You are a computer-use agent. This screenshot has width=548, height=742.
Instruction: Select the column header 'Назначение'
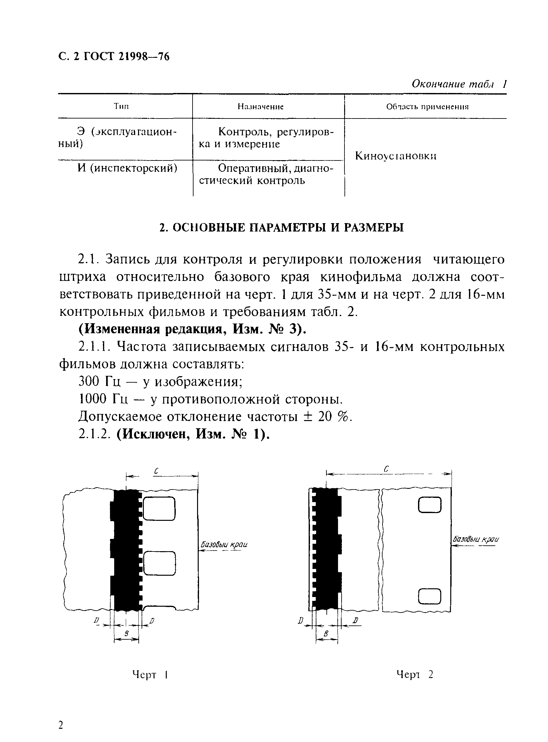click(x=260, y=107)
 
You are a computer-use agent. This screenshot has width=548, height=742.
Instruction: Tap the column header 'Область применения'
click(x=427, y=107)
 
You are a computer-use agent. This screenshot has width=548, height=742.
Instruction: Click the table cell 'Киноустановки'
click(x=395, y=156)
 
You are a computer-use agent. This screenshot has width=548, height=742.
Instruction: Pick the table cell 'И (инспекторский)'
click(x=127, y=168)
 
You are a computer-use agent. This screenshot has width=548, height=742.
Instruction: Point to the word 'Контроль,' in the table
click(x=245, y=132)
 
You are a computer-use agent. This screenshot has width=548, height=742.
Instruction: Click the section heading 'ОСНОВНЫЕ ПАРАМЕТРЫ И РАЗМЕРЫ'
click(x=282, y=227)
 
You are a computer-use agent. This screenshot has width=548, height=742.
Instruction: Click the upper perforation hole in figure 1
click(x=159, y=509)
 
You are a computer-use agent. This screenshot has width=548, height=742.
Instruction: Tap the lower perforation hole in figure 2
click(x=430, y=596)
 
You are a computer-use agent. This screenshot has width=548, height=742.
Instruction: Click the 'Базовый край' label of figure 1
click(x=224, y=544)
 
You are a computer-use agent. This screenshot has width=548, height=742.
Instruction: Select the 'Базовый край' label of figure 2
click(x=476, y=539)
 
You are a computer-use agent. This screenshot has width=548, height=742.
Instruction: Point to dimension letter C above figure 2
click(x=386, y=469)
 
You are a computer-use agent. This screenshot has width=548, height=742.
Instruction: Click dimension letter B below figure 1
click(x=126, y=634)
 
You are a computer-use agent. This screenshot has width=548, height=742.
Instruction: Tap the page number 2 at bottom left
click(x=61, y=725)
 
